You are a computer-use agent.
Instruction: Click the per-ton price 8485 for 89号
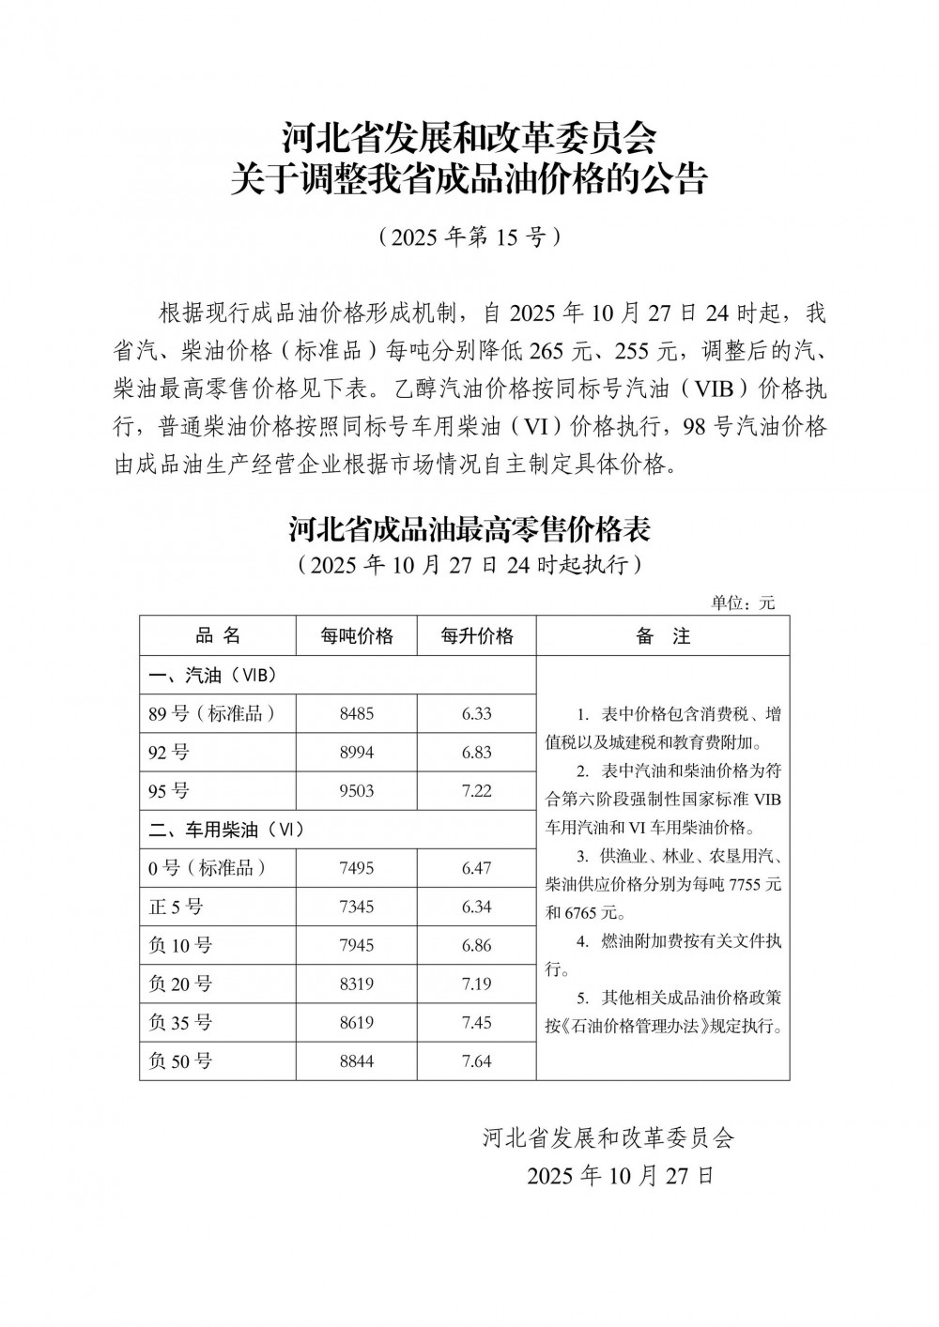(357, 714)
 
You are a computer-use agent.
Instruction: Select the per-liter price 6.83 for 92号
(477, 753)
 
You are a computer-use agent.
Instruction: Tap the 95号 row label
(170, 791)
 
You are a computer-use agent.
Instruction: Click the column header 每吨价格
(357, 636)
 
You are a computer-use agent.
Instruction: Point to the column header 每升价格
(477, 636)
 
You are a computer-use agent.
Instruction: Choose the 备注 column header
(663, 636)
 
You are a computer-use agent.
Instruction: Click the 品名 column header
(218, 636)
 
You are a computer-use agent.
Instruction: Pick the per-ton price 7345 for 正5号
(357, 908)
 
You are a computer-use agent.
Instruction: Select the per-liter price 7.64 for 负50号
(477, 1061)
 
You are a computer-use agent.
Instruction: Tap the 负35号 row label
(180, 1023)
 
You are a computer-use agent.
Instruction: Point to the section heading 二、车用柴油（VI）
(226, 830)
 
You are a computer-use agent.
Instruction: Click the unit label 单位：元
(744, 603)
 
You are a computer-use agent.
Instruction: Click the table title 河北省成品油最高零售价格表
(469, 530)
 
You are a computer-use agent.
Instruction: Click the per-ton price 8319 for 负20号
(357, 984)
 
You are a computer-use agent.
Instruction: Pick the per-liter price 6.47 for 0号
(477, 869)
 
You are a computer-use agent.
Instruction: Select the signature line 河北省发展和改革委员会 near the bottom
(608, 1138)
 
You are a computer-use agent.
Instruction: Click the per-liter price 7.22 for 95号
(477, 791)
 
